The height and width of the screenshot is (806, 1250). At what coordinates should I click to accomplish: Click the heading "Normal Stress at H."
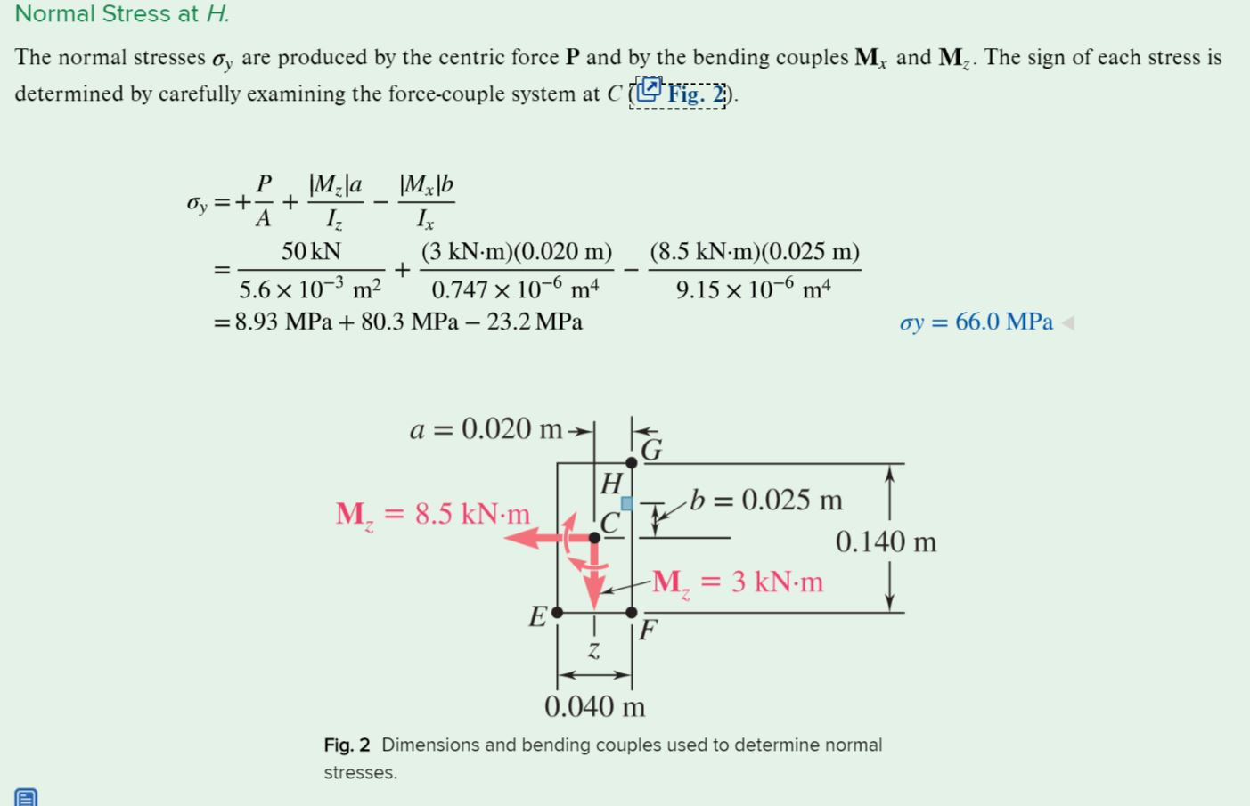coord(122,14)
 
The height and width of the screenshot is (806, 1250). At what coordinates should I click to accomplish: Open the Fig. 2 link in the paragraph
coord(682,94)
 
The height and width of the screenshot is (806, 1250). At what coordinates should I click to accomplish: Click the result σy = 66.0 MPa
coord(976,322)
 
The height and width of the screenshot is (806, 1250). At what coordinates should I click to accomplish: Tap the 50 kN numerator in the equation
coord(311,252)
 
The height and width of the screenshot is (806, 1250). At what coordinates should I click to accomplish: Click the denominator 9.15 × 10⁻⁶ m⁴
coord(754,290)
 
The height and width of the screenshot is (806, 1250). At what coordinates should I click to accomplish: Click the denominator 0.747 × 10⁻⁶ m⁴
coord(515,290)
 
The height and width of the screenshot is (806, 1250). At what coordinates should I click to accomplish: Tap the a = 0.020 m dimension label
coord(486,430)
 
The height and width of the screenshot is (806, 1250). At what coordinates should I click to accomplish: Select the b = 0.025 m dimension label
coord(766,501)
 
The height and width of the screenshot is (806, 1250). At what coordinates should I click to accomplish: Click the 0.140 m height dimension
coord(886,541)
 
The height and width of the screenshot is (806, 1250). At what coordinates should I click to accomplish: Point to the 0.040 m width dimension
coord(594,707)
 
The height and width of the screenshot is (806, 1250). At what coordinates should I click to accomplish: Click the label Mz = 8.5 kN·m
coord(433,515)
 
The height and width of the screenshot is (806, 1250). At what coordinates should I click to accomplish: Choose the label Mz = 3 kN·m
coord(738,582)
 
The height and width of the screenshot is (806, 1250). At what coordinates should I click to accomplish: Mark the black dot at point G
coord(632,462)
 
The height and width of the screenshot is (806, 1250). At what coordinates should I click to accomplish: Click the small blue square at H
coord(627,503)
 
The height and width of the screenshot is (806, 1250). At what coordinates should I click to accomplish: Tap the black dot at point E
coord(557,613)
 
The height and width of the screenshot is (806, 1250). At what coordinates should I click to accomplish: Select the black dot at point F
coord(632,613)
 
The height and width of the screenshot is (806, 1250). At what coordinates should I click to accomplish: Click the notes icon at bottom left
coord(26,797)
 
